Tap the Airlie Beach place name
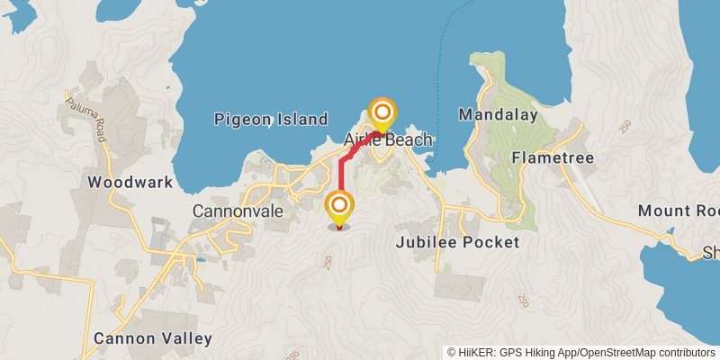(x=389, y=140)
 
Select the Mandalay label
(x=498, y=115)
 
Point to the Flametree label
(x=548, y=157)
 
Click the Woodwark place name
(x=130, y=182)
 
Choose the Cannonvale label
(x=238, y=211)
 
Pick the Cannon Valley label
(x=153, y=339)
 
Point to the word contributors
(x=686, y=352)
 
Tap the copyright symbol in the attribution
(x=452, y=352)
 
